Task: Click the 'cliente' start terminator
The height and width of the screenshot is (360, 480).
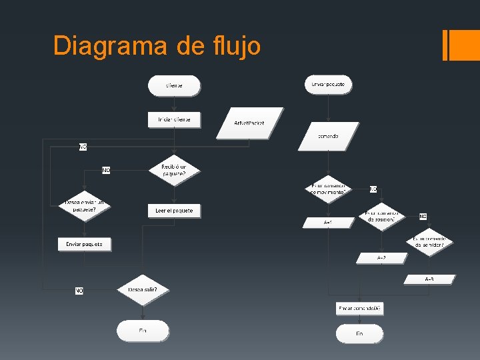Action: [x=174, y=85]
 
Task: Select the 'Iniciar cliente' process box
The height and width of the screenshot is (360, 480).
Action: [x=174, y=120]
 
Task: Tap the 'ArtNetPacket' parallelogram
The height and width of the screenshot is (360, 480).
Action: [x=249, y=123]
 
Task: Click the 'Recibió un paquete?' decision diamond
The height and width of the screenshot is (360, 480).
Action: [x=174, y=170]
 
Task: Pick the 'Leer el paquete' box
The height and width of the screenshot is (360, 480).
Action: [x=174, y=211]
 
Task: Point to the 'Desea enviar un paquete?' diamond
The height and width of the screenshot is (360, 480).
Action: [x=85, y=205]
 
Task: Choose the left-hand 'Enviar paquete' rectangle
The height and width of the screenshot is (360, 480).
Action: [x=85, y=245]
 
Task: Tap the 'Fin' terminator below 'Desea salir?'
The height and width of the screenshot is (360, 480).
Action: [x=143, y=331]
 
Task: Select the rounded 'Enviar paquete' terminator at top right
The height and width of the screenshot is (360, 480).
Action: [x=328, y=85]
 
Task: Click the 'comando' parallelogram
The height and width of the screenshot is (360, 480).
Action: [x=327, y=136]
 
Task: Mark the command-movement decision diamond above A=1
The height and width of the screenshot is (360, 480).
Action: [x=327, y=189]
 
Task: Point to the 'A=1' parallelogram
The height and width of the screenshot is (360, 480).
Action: [x=327, y=222]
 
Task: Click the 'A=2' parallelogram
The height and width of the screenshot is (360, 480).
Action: [x=381, y=257]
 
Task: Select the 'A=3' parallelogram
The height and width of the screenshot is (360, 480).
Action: [x=429, y=279]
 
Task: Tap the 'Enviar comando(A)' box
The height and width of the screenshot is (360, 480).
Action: [x=359, y=308]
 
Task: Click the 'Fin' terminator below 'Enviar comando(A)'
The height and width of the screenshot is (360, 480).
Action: [x=359, y=333]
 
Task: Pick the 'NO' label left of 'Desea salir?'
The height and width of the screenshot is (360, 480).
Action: [x=79, y=291]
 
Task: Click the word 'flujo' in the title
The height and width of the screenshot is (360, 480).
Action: [x=235, y=46]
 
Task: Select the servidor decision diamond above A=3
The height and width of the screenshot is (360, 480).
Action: [x=429, y=242]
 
